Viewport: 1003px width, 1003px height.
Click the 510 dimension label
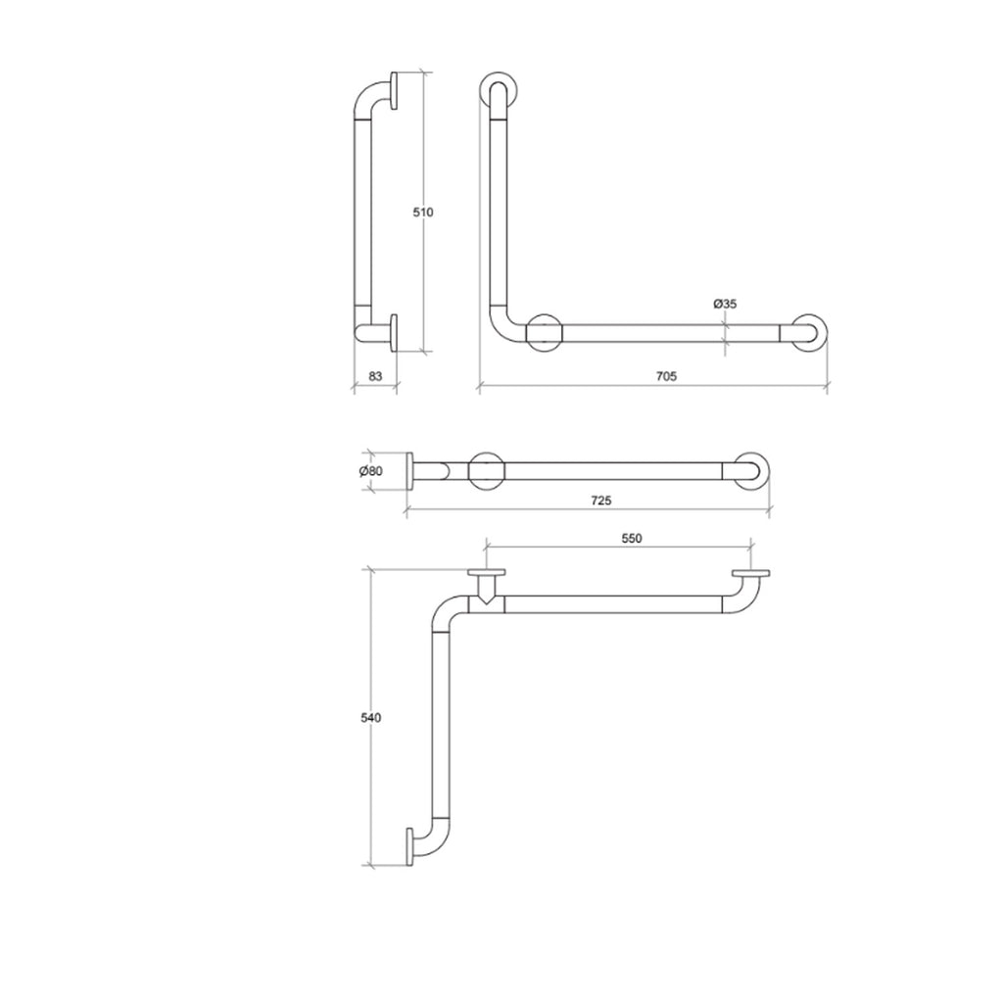pos(423,212)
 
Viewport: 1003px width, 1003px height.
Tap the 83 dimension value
pos(373,375)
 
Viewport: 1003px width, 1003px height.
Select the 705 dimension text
pos(667,375)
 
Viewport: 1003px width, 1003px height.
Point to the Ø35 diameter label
pos(725,305)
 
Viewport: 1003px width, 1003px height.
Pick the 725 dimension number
pos(601,500)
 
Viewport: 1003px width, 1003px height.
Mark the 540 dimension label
pos(370,718)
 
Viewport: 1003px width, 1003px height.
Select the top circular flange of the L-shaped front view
pos(497,89)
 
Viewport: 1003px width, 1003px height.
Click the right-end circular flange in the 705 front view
pos(810,332)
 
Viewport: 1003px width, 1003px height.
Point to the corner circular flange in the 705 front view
pos(545,332)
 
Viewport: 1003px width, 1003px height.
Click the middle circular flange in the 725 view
pos(487,471)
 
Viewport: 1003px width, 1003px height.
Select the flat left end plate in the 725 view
pos(410,471)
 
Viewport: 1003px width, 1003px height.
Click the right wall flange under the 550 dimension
pos(751,574)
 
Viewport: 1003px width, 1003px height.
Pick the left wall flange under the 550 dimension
pos(487,574)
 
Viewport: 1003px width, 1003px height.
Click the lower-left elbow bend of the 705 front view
pos(501,328)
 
